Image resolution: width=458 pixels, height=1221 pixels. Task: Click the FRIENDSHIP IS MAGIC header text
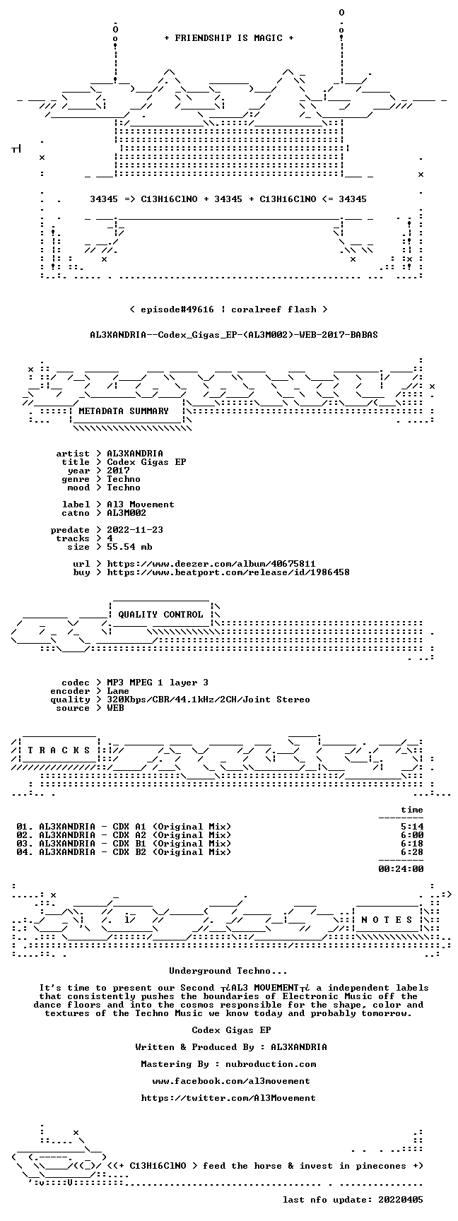point(228,38)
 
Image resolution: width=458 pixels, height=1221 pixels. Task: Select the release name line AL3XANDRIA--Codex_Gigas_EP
point(234,335)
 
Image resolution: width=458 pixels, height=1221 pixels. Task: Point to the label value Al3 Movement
point(141,505)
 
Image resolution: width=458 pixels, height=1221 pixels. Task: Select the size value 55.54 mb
point(129,547)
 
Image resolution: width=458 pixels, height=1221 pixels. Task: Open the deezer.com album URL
point(211,564)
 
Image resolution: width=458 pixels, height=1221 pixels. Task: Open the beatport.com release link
point(228,572)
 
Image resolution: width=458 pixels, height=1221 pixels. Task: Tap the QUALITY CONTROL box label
point(160,615)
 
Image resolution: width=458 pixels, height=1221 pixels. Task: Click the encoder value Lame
point(118,691)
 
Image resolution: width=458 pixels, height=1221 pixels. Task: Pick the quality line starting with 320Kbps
point(209,700)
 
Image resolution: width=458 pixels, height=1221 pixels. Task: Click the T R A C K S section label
point(59,750)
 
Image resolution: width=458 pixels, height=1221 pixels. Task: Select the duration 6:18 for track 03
point(412,844)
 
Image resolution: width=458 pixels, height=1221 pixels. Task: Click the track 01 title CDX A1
point(129,827)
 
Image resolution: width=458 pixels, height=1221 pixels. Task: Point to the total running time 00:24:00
point(401,869)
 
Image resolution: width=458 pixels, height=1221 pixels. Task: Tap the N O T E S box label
point(387,920)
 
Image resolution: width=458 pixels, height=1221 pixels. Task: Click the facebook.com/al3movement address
point(231,1081)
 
